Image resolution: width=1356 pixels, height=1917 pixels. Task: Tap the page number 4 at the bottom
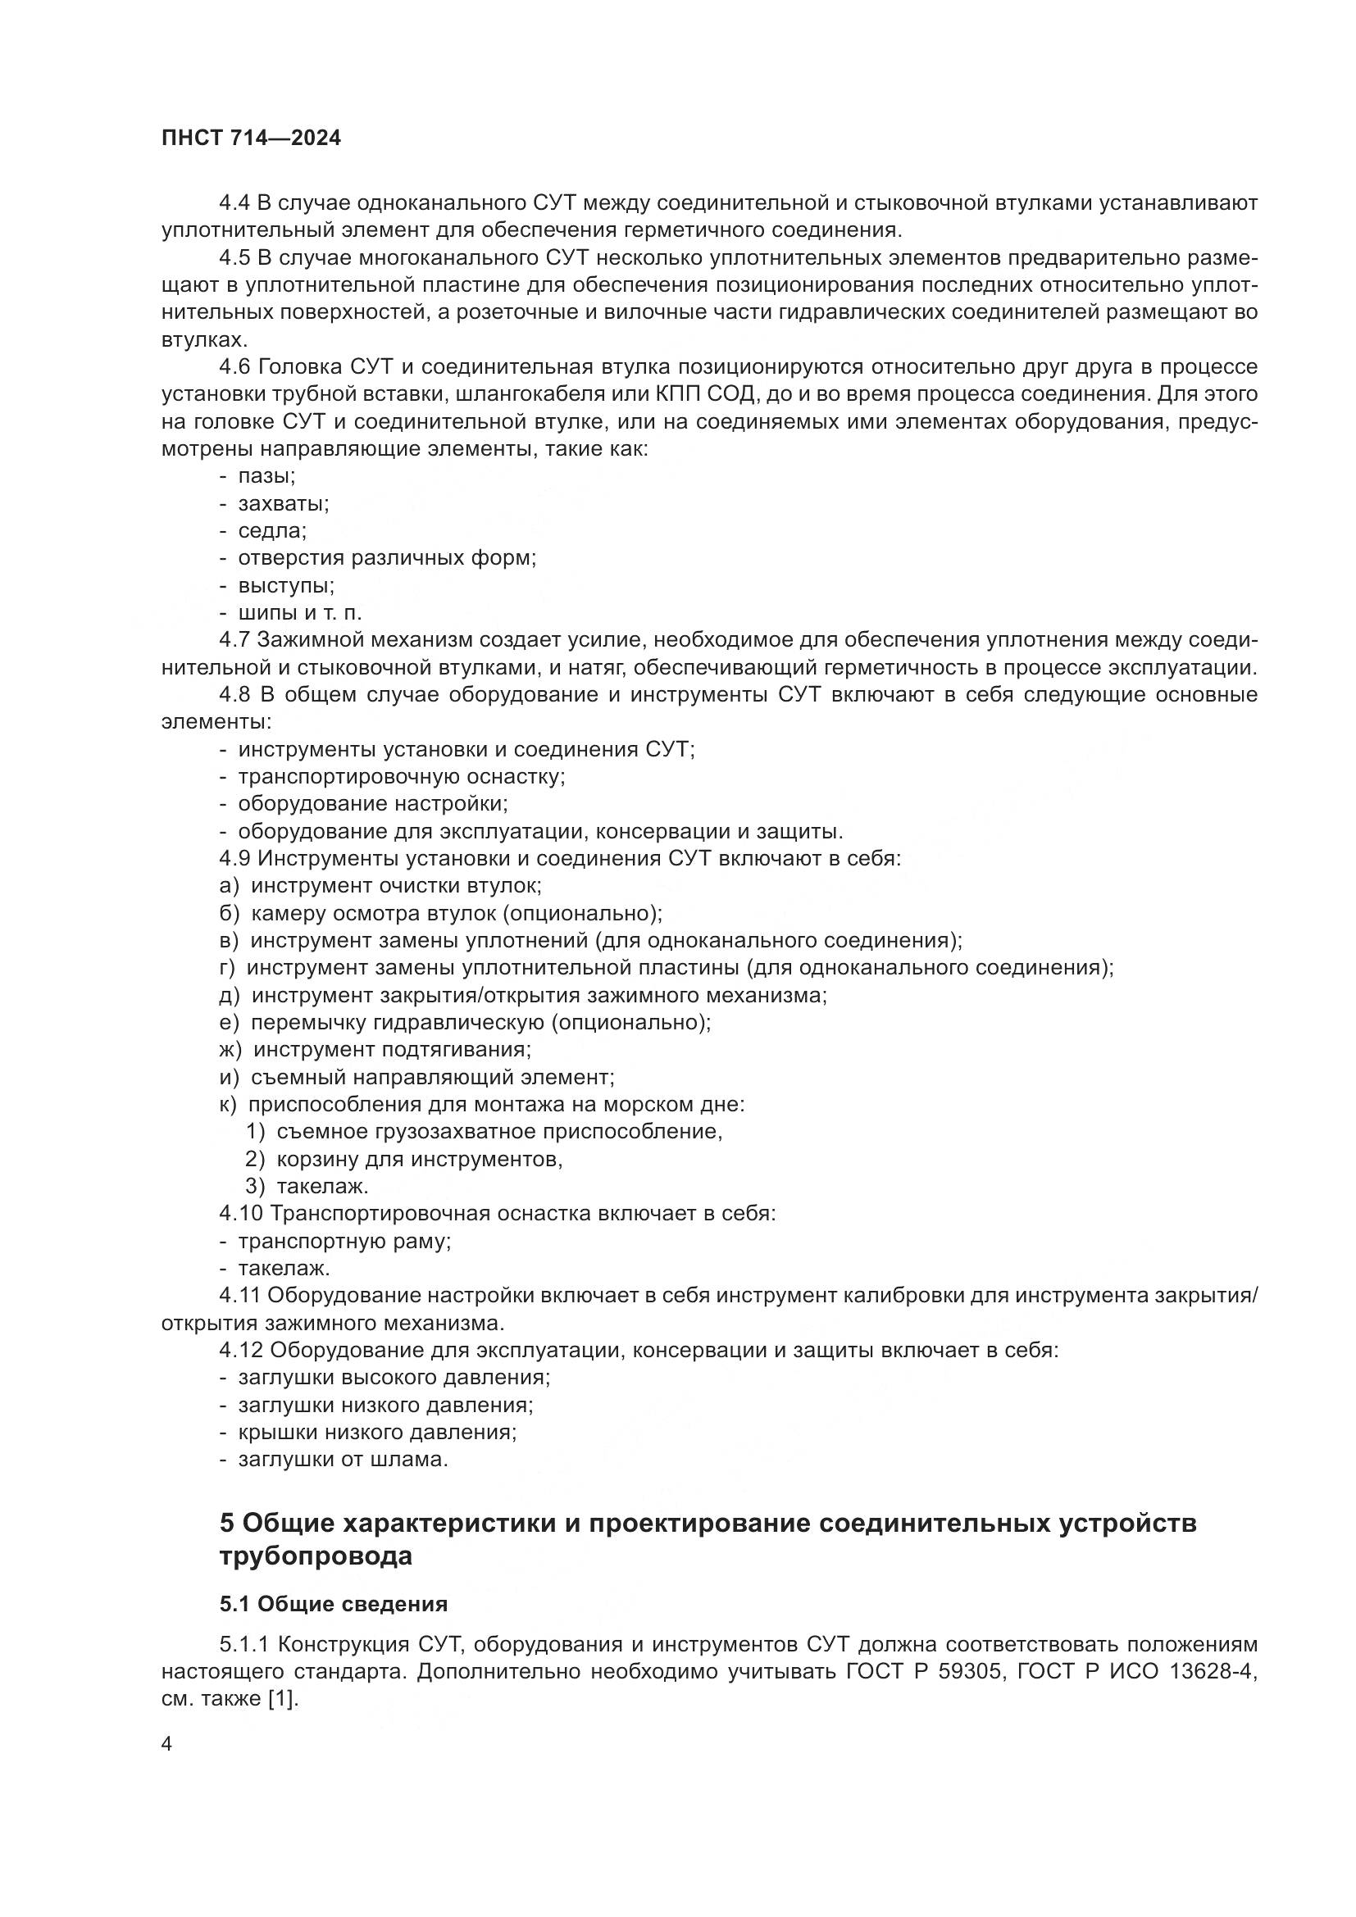(x=166, y=1745)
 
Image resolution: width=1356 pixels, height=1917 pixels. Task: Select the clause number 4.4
(x=235, y=203)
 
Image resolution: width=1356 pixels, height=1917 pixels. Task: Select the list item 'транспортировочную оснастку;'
(x=402, y=776)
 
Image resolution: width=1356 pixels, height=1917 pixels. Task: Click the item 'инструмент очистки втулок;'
(x=396, y=885)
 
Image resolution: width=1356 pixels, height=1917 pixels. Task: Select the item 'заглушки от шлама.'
(x=344, y=1460)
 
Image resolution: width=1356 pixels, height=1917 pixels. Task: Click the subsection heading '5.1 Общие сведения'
(x=333, y=1605)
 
